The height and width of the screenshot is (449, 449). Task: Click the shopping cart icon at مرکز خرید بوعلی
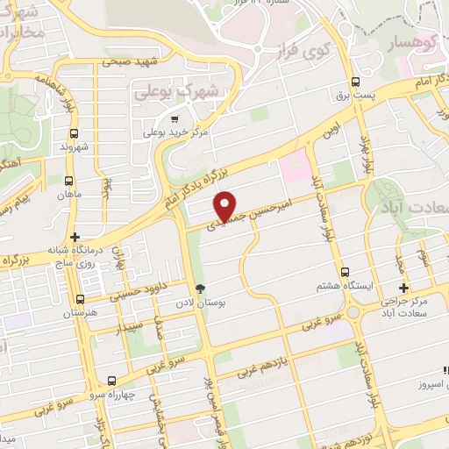175,118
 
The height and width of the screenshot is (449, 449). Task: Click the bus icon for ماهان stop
69,182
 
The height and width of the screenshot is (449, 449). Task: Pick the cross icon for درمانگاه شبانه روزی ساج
75,237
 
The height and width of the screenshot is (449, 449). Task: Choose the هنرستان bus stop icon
82,297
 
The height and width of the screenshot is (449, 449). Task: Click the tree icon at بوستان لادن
200,289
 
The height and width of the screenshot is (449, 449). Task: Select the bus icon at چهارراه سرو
111,381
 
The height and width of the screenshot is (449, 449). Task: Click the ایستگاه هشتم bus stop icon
345,272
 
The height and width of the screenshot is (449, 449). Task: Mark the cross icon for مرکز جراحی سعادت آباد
403,289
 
